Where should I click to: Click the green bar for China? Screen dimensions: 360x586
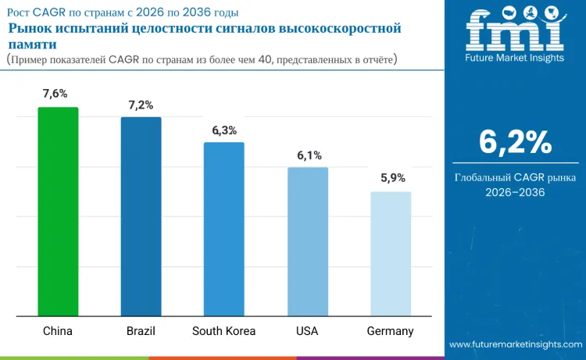[x=58, y=212]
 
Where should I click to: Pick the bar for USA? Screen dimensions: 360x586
[x=307, y=241]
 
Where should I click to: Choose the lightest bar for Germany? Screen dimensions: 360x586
[x=390, y=254]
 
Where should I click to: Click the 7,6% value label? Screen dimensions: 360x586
[x=58, y=94]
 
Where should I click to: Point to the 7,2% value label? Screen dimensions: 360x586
[x=141, y=105]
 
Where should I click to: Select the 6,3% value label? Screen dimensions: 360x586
[x=223, y=130]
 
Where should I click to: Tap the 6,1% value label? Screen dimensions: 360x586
[x=309, y=155]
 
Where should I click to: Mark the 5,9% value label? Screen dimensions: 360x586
[x=392, y=178]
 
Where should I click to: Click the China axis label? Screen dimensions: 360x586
[x=58, y=331]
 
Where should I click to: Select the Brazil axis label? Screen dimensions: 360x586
[x=141, y=331]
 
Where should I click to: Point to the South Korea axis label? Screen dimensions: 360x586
[x=223, y=331]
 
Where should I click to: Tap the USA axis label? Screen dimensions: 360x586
[x=307, y=331]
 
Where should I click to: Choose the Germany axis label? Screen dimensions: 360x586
[x=390, y=331]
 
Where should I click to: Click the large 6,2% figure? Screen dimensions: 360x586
[x=515, y=143]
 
